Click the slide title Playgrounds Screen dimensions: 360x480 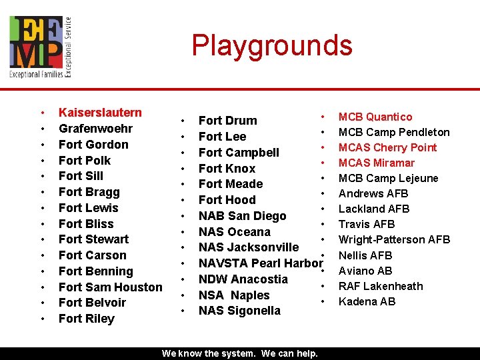coord(272,45)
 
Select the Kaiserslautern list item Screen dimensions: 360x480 coord(100,113)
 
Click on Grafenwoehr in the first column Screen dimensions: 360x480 coord(95,129)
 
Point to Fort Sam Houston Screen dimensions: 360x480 coord(110,287)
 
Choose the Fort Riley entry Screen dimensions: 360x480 coord(86,319)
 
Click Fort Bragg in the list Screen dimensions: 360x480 coord(89,192)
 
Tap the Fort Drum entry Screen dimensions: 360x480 coord(227,121)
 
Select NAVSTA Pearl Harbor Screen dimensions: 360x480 coord(260,263)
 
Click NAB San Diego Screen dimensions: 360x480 coord(242,216)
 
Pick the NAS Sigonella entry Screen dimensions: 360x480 coord(239,311)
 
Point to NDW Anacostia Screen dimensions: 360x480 coord(243,279)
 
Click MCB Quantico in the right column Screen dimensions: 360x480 coord(375,117)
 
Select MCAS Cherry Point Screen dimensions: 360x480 coord(387,147)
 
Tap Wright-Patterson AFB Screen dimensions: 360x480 coord(394,239)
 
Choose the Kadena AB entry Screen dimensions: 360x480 coord(367,301)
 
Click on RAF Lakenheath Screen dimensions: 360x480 coord(381,286)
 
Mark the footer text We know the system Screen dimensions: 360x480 coord(240,353)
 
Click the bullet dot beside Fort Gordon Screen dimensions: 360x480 coord(43,145)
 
